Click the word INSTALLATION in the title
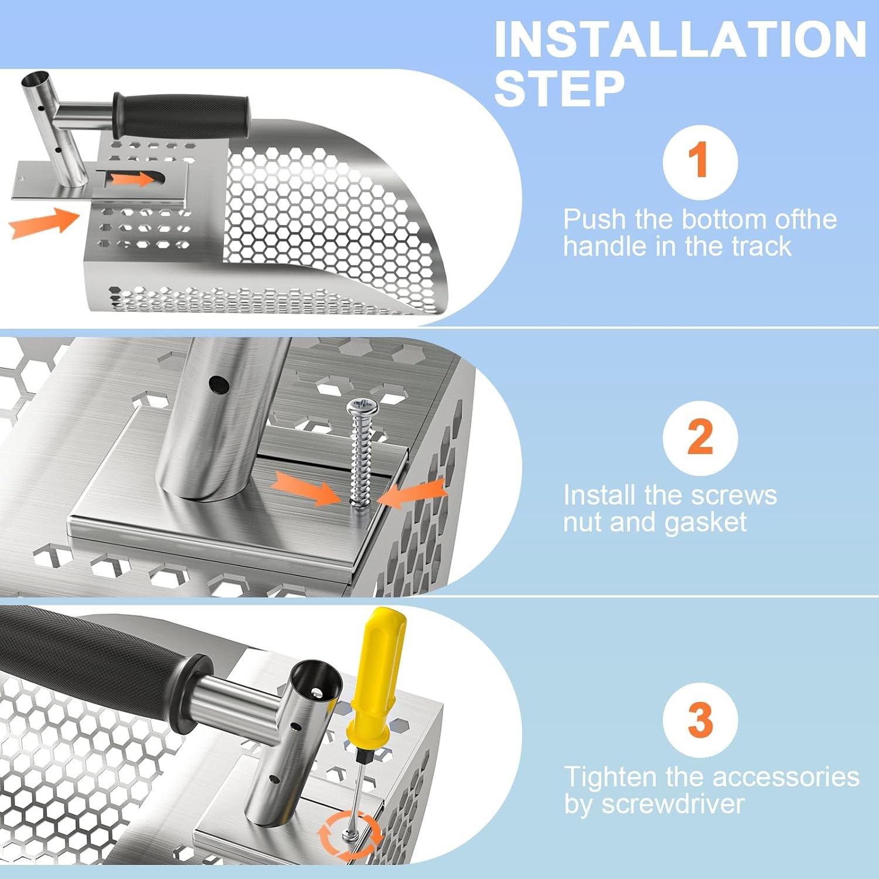pyautogui.click(x=680, y=39)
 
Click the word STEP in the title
pyautogui.click(x=559, y=88)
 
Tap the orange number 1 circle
pyautogui.click(x=700, y=162)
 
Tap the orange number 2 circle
pyautogui.click(x=700, y=438)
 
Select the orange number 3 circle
pyautogui.click(x=700, y=720)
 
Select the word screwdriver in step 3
pyautogui.click(x=673, y=803)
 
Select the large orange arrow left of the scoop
pyautogui.click(x=44, y=223)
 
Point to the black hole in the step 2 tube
pyautogui.click(x=219, y=384)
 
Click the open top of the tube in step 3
pyautogui.click(x=317, y=686)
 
